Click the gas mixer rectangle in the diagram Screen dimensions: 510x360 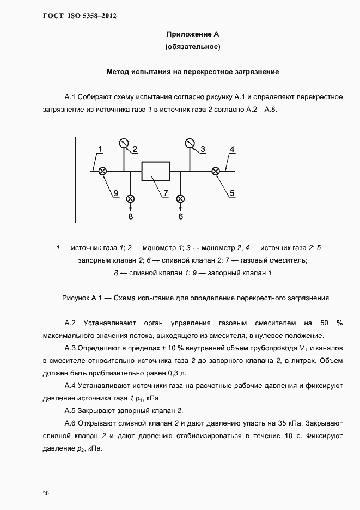click(x=155, y=171)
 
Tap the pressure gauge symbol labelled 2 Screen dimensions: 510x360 click(x=124, y=143)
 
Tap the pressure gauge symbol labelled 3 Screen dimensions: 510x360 click(x=190, y=143)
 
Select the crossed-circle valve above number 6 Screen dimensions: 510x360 click(x=180, y=199)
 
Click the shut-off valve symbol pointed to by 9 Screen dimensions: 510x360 click(x=102, y=171)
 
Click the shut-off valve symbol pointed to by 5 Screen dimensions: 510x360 click(x=216, y=171)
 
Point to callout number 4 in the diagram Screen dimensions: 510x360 click(x=231, y=149)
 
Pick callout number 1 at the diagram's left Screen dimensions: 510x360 click(x=100, y=149)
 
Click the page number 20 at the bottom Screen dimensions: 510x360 click(x=46, y=494)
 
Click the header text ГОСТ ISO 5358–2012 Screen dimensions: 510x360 click(x=79, y=16)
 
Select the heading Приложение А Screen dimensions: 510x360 click(x=193, y=34)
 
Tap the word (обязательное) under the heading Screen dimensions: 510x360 click(x=193, y=47)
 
